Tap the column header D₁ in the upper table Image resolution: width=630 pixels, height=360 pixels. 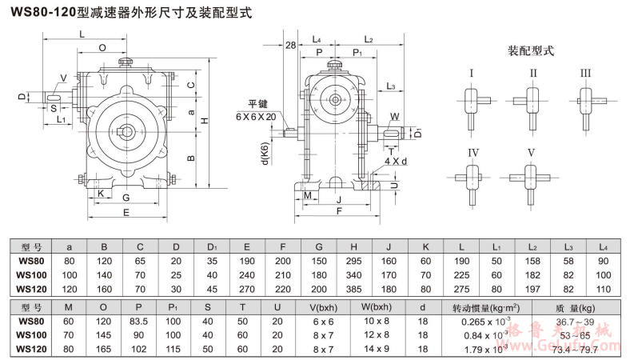click(x=211, y=246)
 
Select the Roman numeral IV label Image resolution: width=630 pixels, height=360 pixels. click(x=473, y=153)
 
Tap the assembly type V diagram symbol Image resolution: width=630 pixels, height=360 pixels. click(x=528, y=176)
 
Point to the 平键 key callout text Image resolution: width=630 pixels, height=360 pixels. click(x=257, y=104)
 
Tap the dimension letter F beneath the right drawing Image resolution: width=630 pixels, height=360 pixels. click(x=339, y=211)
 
